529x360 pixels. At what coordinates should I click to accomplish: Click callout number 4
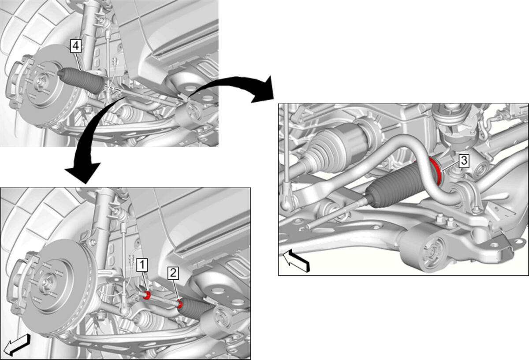tap(76, 46)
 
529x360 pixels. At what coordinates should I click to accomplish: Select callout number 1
tap(142, 265)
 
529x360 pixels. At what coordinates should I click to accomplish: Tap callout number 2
tap(173, 273)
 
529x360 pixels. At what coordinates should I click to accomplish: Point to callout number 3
tap(464, 161)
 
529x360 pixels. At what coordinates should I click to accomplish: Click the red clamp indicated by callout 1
tap(147, 295)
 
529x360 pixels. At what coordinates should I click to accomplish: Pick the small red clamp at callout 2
tap(180, 304)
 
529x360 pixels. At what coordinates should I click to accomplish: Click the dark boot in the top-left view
tap(81, 81)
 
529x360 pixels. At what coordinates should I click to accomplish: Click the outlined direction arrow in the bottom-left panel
tap(17, 345)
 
